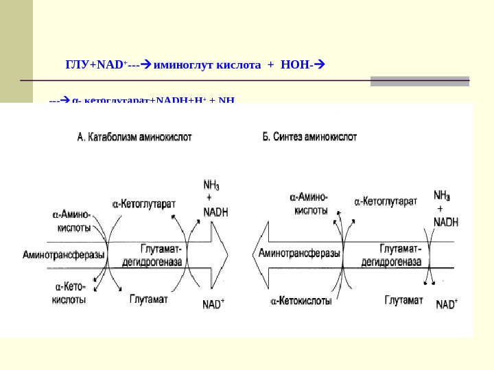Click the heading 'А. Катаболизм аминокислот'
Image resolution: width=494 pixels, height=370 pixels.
(x=134, y=137)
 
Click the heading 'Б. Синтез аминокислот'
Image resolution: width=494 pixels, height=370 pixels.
(x=310, y=137)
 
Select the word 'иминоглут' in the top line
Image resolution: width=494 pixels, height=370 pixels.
(x=185, y=66)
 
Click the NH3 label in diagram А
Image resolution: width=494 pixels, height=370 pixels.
(x=212, y=184)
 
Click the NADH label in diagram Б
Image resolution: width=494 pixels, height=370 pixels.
(x=446, y=222)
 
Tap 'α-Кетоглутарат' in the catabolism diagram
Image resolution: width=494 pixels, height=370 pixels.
(x=143, y=203)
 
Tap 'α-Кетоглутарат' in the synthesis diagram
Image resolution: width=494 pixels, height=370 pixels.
(x=386, y=202)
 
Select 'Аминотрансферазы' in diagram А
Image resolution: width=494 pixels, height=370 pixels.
(x=64, y=255)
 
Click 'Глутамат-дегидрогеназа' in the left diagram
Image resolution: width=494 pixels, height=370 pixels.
(x=161, y=254)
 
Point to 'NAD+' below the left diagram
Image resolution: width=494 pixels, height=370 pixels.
(x=213, y=304)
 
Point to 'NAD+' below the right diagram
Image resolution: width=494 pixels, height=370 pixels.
(x=447, y=304)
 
